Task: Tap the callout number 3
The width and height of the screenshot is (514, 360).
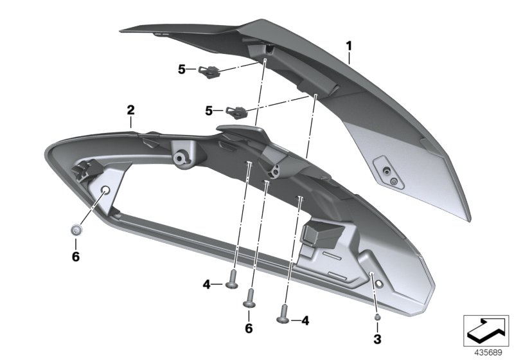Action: (x=377, y=337)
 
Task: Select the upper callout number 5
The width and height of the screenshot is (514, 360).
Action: (x=182, y=68)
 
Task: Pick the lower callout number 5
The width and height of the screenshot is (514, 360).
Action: (x=209, y=111)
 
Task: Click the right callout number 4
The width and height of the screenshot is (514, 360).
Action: (x=305, y=319)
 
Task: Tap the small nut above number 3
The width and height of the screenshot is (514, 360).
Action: (x=377, y=316)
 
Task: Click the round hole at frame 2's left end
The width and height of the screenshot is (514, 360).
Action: (x=105, y=188)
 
